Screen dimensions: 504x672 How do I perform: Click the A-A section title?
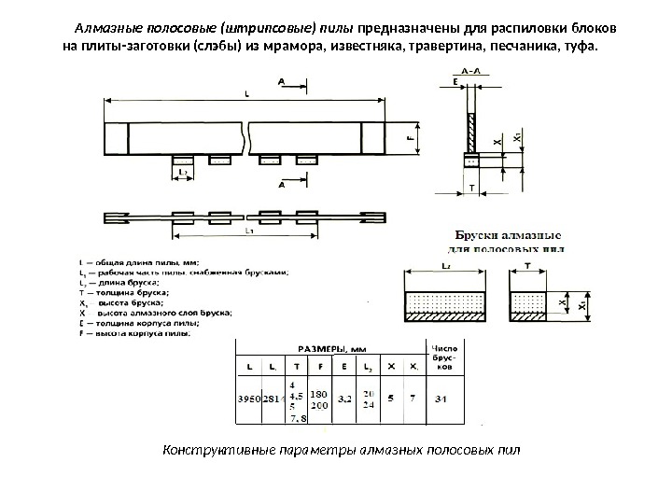pyautogui.click(x=473, y=71)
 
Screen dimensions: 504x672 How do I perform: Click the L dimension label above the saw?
pyautogui.click(x=245, y=92)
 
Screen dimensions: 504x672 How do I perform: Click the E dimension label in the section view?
pyautogui.click(x=455, y=82)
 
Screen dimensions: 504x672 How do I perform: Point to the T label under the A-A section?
pyautogui.click(x=471, y=188)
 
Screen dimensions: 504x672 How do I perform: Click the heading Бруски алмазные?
pyautogui.click(x=507, y=236)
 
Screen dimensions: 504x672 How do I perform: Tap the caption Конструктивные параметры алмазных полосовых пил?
pyautogui.click(x=341, y=451)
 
